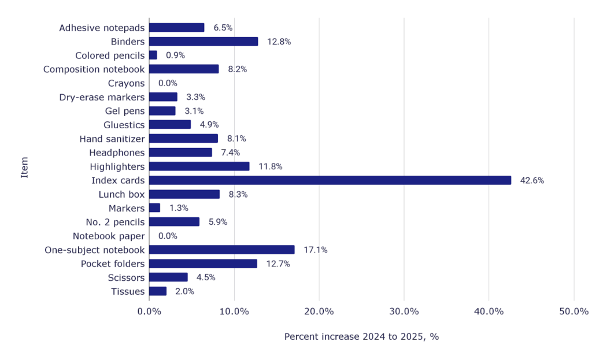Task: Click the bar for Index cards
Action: (330, 180)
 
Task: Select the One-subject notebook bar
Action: (221, 250)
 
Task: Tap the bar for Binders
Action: (203, 42)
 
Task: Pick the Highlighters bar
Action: (199, 166)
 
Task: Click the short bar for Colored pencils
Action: (153, 55)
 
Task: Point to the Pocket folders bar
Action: (203, 263)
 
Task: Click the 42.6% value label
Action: (532, 180)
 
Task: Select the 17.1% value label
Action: (315, 250)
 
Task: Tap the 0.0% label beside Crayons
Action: (168, 83)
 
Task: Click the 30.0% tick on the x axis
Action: (404, 311)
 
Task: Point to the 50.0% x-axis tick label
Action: (573, 311)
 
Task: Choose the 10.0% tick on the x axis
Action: (234, 311)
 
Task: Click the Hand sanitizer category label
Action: (112, 139)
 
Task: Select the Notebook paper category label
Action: (109, 236)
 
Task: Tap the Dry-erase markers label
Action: (102, 97)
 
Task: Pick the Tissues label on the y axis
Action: (128, 291)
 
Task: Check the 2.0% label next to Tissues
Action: (184, 291)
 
